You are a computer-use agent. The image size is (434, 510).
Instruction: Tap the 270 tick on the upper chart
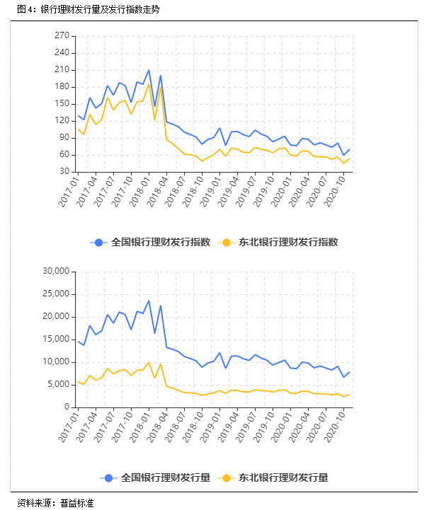(61, 35)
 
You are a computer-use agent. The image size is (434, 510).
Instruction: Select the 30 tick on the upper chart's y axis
(63, 171)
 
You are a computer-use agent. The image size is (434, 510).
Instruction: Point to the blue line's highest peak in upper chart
(149, 70)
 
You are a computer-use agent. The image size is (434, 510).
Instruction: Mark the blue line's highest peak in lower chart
(149, 301)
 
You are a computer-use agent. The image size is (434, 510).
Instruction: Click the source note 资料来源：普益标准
(55, 502)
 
